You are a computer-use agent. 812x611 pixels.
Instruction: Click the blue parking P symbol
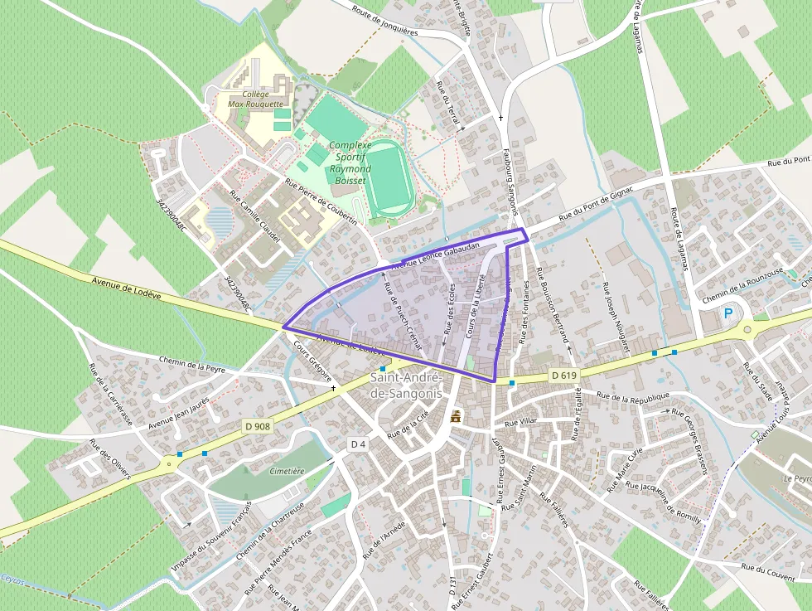(x=728, y=313)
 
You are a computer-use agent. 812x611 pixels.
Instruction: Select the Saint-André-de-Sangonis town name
(x=405, y=386)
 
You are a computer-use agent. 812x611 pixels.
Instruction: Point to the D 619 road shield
(x=563, y=376)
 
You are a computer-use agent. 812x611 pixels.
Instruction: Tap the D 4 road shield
(x=358, y=444)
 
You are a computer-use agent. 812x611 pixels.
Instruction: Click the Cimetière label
(x=288, y=470)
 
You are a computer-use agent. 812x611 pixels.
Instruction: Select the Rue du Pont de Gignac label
(x=596, y=204)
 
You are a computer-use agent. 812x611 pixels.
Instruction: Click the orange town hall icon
(x=455, y=418)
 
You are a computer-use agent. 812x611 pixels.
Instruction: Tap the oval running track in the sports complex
(x=389, y=179)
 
